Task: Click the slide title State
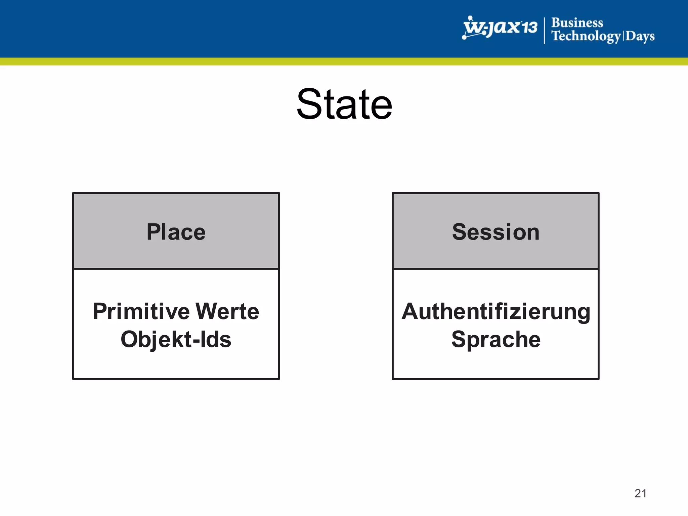(x=344, y=104)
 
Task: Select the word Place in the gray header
(x=176, y=232)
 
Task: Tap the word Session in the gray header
(x=496, y=232)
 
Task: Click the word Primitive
(x=140, y=311)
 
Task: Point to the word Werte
(x=227, y=311)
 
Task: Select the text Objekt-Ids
(x=176, y=339)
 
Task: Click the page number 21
(x=640, y=493)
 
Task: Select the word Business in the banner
(x=577, y=23)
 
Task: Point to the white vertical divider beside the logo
(x=544, y=30)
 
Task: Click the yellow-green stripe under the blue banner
(x=344, y=61)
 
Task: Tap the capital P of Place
(x=153, y=232)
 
